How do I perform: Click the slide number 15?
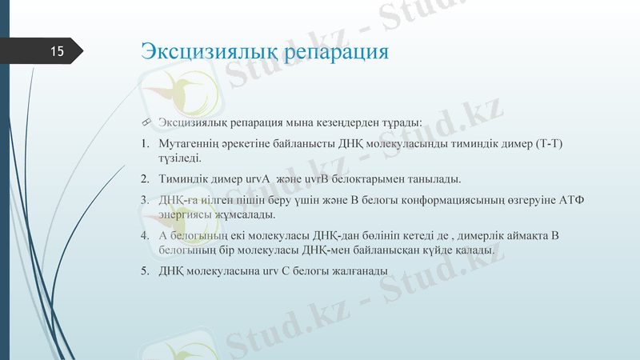(57, 52)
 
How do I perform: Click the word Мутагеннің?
(191, 144)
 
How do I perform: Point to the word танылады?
(433, 178)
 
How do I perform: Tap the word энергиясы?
(186, 214)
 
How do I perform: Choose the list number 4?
(145, 235)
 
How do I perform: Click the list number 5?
(145, 270)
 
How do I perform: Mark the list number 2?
(145, 178)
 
